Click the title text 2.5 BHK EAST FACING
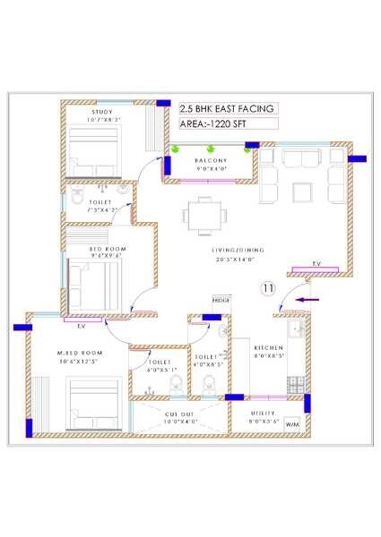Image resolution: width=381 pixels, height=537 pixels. (x=227, y=108)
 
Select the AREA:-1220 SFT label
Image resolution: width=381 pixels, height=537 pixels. (x=217, y=124)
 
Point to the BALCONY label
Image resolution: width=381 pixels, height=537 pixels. (x=209, y=160)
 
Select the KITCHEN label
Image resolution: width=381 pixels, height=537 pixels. (x=269, y=346)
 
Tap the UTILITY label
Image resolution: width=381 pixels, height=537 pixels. (x=266, y=414)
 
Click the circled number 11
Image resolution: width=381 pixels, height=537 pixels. (x=266, y=288)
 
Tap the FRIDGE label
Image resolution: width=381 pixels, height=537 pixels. (x=221, y=300)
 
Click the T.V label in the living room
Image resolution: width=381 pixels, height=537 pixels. (x=316, y=263)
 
